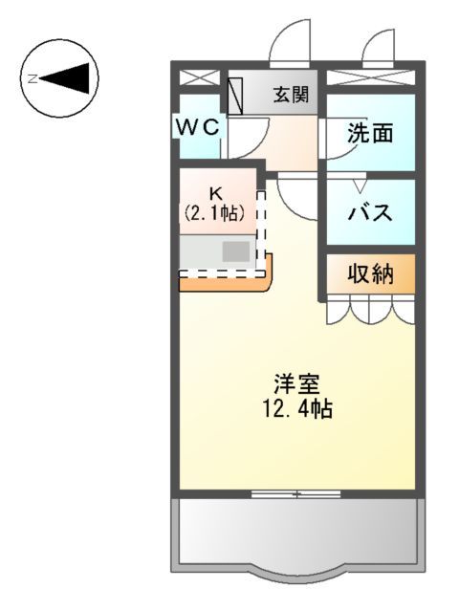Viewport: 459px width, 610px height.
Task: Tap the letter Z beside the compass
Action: click(32, 78)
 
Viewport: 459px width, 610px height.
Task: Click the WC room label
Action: click(198, 125)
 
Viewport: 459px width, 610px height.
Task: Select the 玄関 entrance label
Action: click(290, 95)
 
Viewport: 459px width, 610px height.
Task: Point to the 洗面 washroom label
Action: click(370, 133)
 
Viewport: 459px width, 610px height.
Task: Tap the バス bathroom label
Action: click(370, 212)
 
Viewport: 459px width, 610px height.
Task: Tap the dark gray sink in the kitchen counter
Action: click(236, 252)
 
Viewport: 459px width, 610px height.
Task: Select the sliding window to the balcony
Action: click(295, 494)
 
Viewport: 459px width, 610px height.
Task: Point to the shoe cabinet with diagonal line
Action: click(236, 96)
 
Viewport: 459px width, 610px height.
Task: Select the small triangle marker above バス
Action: click(361, 184)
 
